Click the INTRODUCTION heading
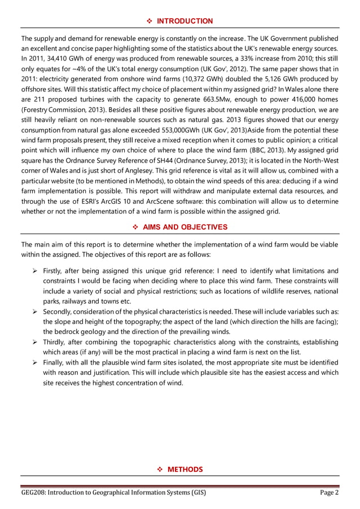[185, 21]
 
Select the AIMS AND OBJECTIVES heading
[185, 227]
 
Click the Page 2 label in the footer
[330, 493]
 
